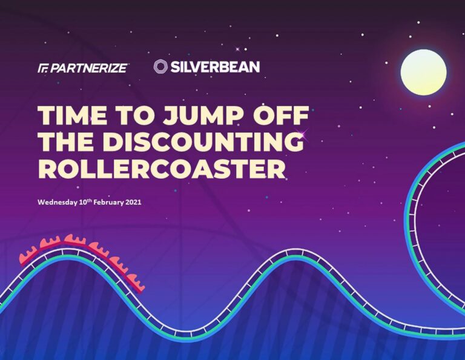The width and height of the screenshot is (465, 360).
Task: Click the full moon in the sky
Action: click(x=423, y=72)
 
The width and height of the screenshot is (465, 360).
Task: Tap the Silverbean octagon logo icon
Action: click(x=160, y=67)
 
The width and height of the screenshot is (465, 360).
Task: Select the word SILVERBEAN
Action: click(x=216, y=67)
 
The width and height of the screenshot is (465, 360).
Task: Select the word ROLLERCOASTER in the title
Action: click(x=162, y=168)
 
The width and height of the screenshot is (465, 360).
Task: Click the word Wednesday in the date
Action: click(x=58, y=202)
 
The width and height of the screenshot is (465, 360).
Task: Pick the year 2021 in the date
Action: click(x=133, y=202)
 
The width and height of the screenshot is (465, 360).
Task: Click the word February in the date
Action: click(x=108, y=202)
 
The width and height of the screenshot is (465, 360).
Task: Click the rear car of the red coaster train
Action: click(x=28, y=257)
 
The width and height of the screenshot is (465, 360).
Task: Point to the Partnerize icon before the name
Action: click(x=43, y=68)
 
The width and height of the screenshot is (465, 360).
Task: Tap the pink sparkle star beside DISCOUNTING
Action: click(x=305, y=132)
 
